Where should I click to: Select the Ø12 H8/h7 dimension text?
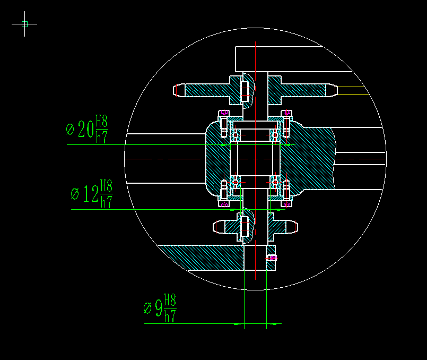pyautogui.click(x=92, y=194)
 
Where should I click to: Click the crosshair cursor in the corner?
pyautogui.click(x=24, y=23)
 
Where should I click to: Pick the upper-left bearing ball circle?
pyautogui.click(x=236, y=135)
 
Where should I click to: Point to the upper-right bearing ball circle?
pyautogui.click(x=275, y=135)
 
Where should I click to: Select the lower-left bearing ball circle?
pyautogui.click(x=236, y=182)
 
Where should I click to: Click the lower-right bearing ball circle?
pyautogui.click(x=275, y=182)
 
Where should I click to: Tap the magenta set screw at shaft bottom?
pyautogui.click(x=273, y=258)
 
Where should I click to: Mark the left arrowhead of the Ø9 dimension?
pyautogui.click(x=239, y=323)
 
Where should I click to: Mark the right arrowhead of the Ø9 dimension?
pyautogui.click(x=272, y=323)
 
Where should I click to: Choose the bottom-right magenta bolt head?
pyautogui.click(x=286, y=204)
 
